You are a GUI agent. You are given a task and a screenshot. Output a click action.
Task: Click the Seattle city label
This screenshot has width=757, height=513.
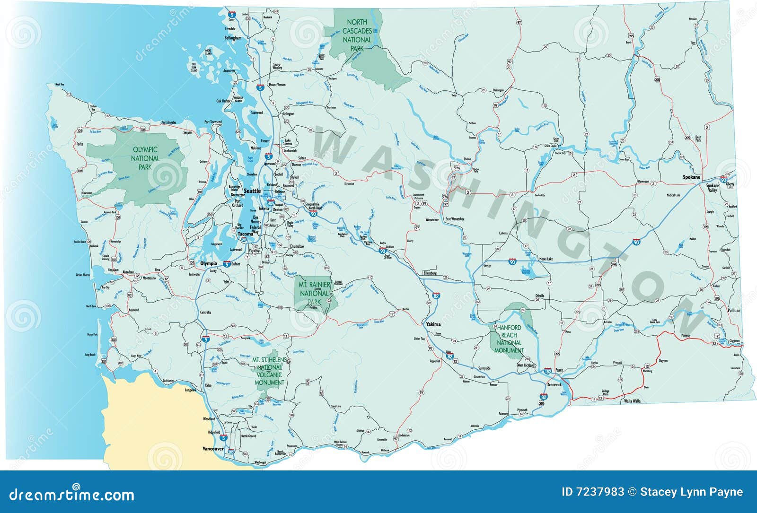point(252,191)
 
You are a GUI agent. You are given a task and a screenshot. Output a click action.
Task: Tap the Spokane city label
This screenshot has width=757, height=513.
point(691,177)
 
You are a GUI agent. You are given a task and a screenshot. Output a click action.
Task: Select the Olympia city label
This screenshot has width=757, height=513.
point(209,263)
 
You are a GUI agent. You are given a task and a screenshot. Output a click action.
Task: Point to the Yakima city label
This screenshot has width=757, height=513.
point(433,324)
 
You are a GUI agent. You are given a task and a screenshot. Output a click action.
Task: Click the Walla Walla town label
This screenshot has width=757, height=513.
point(632,401)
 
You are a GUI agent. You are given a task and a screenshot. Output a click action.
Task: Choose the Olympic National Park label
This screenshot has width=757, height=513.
point(145,158)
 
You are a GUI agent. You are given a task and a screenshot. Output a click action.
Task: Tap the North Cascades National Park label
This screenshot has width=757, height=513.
point(357,35)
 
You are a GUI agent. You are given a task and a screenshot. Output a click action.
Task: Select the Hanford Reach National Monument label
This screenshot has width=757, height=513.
point(509,339)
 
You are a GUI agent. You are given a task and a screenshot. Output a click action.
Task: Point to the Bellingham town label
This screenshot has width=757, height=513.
point(233,38)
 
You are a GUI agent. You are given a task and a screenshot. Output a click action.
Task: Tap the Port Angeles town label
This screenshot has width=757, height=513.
point(168,122)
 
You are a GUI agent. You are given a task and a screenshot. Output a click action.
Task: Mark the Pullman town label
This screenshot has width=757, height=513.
point(734,311)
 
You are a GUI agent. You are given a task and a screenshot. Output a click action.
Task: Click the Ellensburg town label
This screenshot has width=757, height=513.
point(430,273)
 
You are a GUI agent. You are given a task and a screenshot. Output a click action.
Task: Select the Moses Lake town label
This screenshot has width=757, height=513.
point(546,259)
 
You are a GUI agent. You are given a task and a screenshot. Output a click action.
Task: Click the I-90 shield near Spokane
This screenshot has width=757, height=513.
point(723,179)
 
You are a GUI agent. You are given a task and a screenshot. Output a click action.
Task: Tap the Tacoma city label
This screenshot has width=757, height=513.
point(246,234)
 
